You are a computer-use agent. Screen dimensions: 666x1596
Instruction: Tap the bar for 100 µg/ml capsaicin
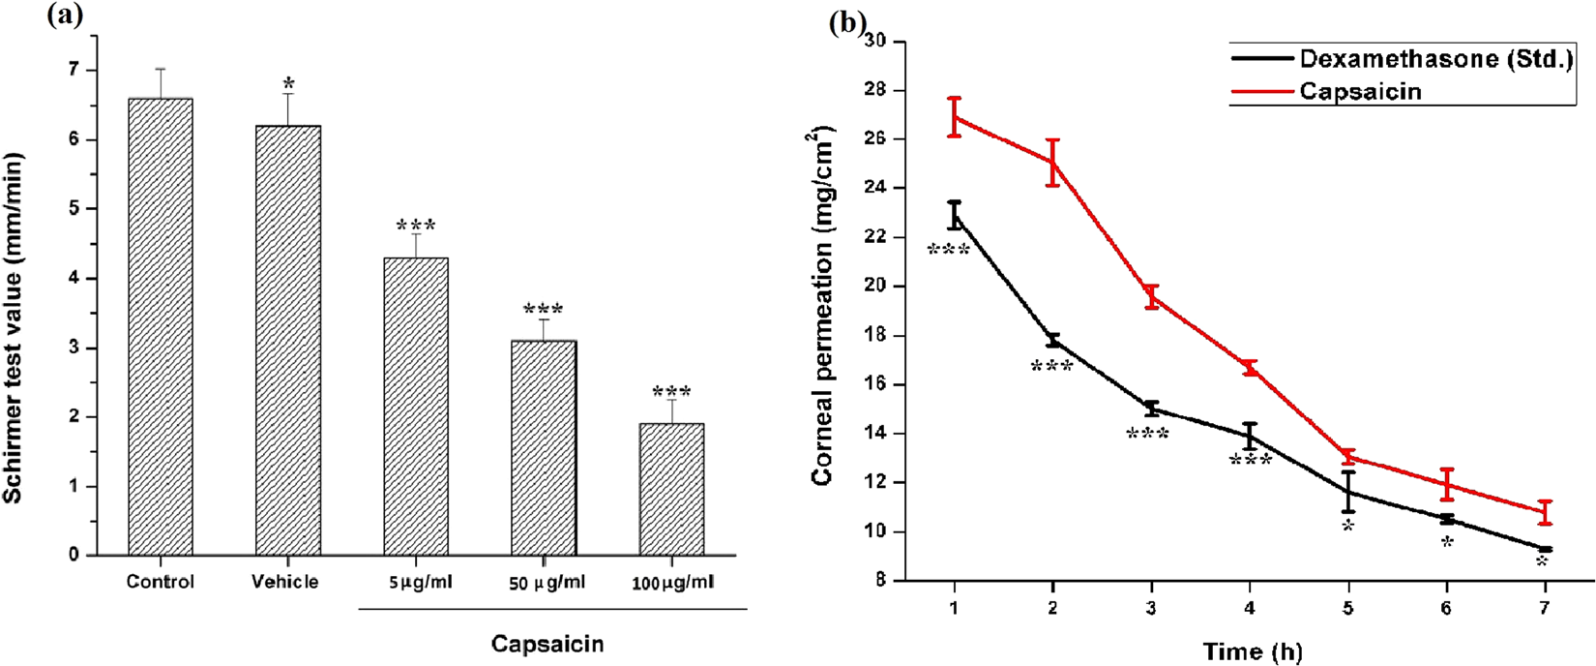[x=671, y=489]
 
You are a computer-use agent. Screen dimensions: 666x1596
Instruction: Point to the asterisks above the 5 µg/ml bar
[x=416, y=227]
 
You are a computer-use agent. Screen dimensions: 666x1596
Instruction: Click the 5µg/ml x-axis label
[x=416, y=583]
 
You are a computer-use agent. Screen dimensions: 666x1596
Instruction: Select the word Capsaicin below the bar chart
[x=547, y=644]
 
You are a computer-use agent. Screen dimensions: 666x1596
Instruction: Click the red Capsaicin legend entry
[x=1359, y=91]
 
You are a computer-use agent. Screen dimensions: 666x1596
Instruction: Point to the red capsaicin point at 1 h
[x=955, y=116]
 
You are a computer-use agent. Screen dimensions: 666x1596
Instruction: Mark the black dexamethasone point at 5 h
[x=1347, y=492]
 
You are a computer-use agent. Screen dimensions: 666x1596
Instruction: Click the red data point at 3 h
[x=1151, y=297]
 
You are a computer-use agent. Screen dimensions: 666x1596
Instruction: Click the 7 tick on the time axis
[x=1544, y=608]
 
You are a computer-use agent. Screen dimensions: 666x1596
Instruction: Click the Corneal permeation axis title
[x=824, y=305]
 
